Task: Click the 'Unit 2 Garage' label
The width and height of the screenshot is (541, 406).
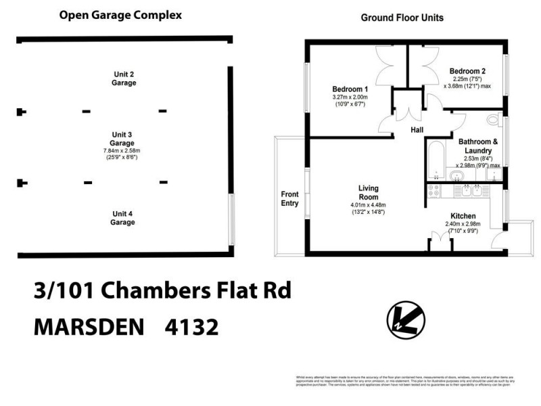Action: (124, 78)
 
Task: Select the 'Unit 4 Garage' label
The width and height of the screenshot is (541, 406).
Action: (122, 217)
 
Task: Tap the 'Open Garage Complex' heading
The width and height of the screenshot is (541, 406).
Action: (120, 15)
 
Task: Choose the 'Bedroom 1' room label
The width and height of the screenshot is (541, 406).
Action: (350, 89)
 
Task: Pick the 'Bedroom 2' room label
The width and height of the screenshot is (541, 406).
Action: (467, 71)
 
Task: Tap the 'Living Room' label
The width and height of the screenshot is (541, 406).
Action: (368, 192)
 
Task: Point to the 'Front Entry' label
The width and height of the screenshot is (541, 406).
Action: (289, 198)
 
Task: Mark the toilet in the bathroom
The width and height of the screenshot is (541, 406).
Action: (497, 121)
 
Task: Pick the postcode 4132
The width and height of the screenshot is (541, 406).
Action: (192, 328)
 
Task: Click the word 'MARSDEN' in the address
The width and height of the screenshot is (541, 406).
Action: (89, 328)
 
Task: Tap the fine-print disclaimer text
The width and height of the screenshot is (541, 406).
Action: (404, 381)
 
